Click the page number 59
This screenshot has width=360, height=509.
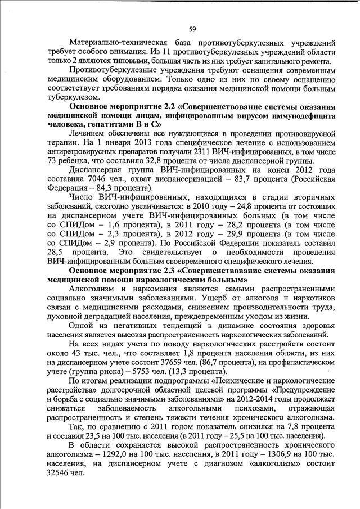coord(192,29)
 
